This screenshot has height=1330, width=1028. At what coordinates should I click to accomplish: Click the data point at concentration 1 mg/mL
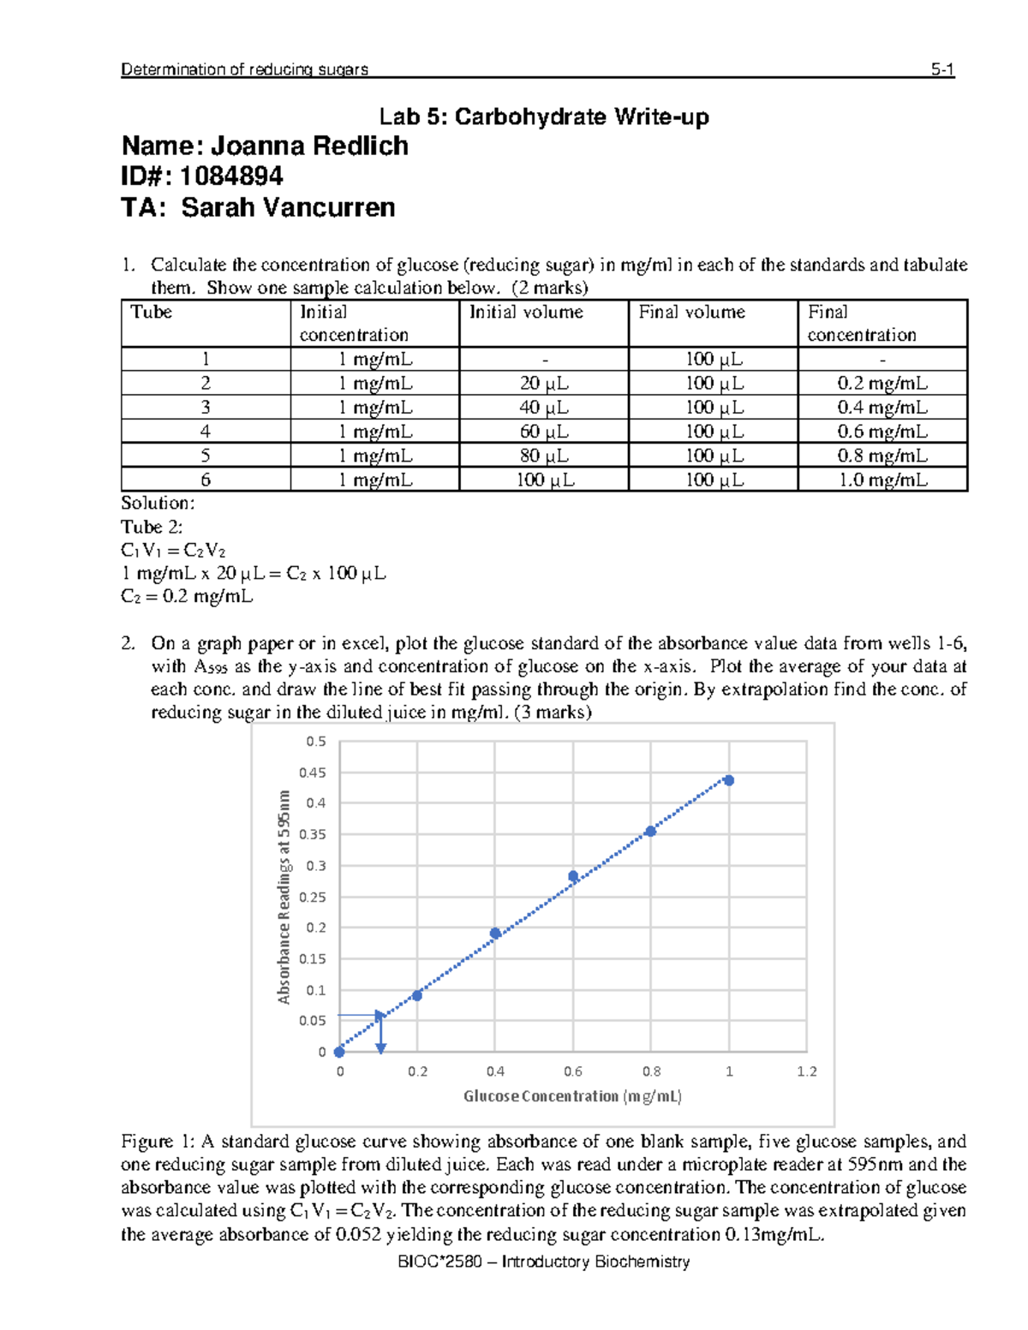coord(728,780)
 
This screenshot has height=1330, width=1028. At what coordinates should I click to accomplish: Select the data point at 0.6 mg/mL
coord(573,876)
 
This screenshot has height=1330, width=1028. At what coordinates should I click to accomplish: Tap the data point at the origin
coord(339,1052)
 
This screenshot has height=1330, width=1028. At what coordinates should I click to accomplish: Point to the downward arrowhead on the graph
coord(381,1048)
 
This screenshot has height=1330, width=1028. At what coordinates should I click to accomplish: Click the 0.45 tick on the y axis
coord(313,772)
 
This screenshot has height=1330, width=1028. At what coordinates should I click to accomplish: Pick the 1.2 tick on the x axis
coord(807,1071)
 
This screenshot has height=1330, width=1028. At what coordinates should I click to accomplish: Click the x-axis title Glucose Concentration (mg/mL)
coord(572,1096)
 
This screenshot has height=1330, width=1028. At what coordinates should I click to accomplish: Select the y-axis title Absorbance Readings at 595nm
coord(284,897)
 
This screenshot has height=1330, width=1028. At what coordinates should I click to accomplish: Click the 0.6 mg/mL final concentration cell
coord(882,432)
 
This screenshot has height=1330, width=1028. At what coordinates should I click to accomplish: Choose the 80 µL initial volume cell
coord(544,456)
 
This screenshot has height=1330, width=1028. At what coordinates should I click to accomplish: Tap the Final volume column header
coord(692,313)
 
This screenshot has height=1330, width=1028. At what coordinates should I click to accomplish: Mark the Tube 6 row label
coord(206,480)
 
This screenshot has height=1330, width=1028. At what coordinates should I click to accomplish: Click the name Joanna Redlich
coord(309,146)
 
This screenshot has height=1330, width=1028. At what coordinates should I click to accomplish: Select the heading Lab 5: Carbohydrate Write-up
coord(545,117)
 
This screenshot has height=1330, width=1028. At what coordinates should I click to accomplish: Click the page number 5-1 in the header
coord(942,70)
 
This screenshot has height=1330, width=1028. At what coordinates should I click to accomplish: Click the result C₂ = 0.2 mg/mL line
coord(187,596)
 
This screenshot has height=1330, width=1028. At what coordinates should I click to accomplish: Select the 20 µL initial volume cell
coord(544,384)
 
